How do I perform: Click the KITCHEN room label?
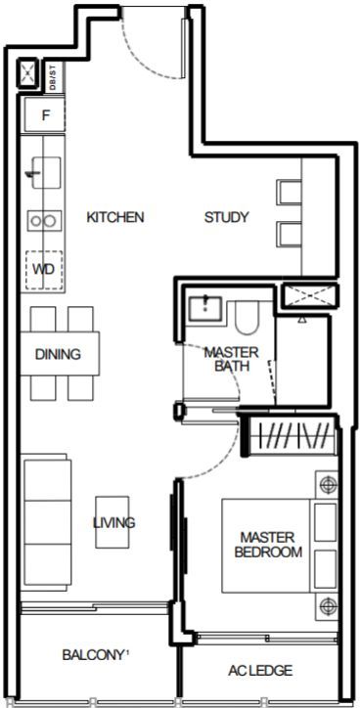click(115, 217)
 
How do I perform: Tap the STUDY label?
click(226, 217)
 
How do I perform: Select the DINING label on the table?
click(58, 354)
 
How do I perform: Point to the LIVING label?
click(113, 523)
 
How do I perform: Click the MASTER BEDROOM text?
click(268, 545)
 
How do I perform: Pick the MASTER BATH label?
click(231, 359)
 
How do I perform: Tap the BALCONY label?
click(93, 655)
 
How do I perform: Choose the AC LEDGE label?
click(259, 671)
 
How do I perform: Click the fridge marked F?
click(45, 115)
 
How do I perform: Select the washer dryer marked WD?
click(44, 270)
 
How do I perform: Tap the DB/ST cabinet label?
click(54, 77)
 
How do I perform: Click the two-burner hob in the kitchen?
click(44, 221)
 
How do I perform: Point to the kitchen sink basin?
click(45, 172)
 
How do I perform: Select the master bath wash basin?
click(205, 308)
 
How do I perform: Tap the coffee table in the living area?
click(112, 522)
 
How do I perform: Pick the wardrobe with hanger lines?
click(291, 436)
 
